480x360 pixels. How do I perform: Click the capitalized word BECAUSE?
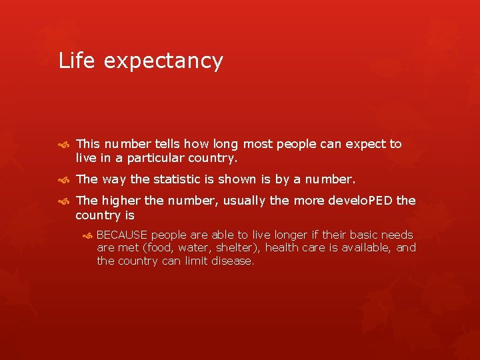pyautogui.click(x=122, y=235)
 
